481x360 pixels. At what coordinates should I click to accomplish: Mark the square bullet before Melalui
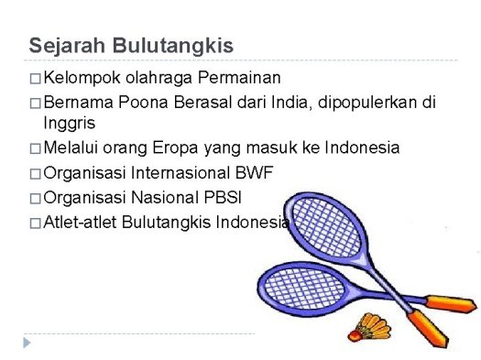coord(34,147)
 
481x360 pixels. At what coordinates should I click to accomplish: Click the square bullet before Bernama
coord(34,102)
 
